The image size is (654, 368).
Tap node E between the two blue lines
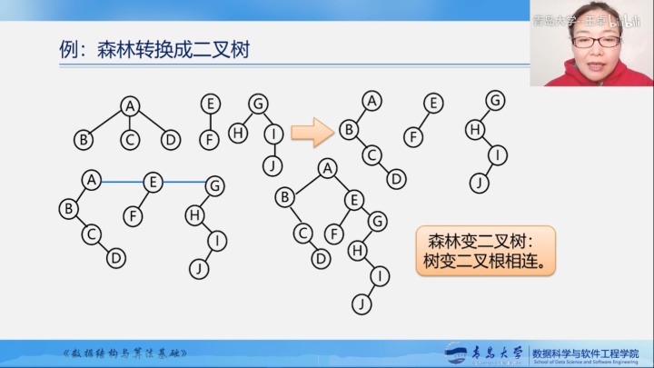153,182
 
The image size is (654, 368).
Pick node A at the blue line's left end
90,181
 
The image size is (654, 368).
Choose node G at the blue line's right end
214,184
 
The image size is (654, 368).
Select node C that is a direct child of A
130,140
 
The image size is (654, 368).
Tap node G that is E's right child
378,219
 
